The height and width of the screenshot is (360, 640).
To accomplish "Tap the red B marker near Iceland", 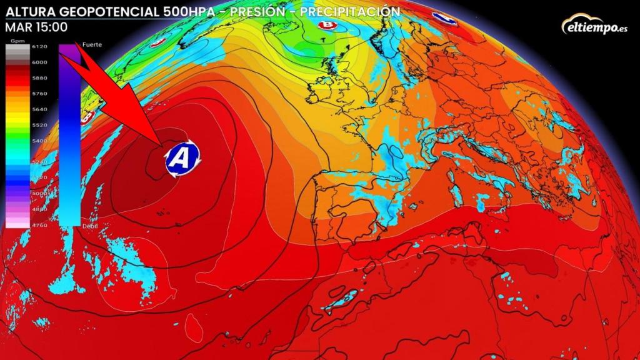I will [x=326, y=25].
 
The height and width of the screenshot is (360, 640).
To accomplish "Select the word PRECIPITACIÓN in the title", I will [x=349, y=11].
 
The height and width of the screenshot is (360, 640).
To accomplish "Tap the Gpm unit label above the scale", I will [x=16, y=41].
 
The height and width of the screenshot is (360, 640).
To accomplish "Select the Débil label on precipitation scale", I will [x=90, y=227].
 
